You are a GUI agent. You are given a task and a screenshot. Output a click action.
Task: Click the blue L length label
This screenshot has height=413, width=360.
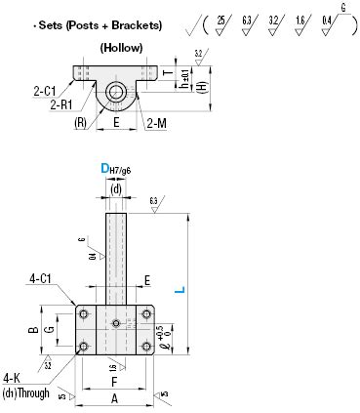[x=177, y=290]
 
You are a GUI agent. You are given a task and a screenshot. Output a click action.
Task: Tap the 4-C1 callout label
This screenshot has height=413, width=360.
[x=41, y=278]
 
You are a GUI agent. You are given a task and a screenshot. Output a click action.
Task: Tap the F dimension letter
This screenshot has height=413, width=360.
[x=115, y=382]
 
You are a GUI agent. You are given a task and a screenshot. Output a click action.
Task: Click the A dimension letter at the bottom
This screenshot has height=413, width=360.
[x=115, y=398]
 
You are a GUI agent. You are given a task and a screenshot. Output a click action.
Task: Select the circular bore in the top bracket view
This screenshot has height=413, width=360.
[x=116, y=93]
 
